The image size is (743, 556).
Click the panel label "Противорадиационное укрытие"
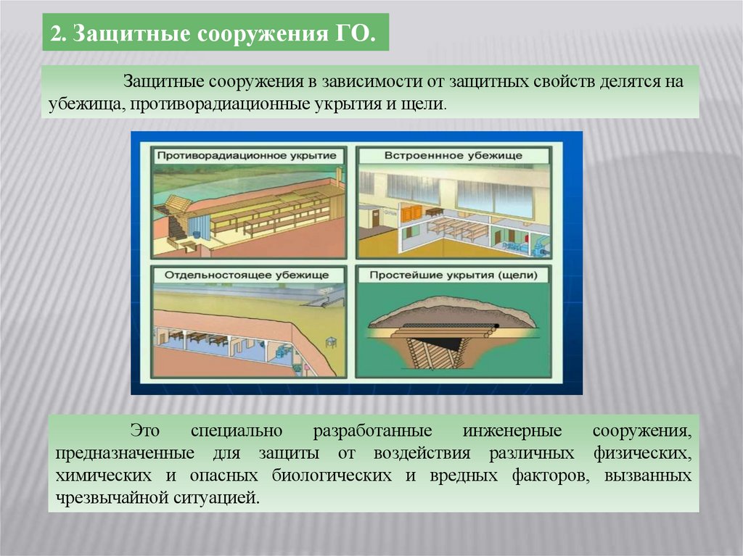tap(247, 156)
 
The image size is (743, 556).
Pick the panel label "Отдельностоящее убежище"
tap(247, 275)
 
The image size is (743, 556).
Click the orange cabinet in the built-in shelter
tap(411, 211)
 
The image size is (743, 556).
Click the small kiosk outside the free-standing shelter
tap(331, 341)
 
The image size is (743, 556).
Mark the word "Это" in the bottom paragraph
tap(145, 432)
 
